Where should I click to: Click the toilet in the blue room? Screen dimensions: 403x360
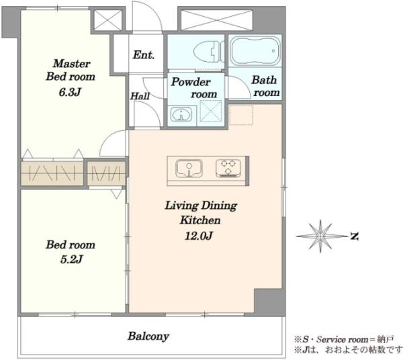(208, 52)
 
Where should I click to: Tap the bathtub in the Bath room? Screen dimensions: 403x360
(255, 51)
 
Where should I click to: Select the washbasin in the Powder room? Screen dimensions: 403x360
(181, 115)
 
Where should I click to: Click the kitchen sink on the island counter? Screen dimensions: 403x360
(189, 169)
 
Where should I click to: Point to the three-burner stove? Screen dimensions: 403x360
(228, 169)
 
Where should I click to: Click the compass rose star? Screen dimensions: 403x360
(320, 236)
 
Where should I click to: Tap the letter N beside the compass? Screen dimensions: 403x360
(355, 236)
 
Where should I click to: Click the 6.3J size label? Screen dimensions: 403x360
(70, 92)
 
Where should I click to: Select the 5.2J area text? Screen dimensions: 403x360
(71, 259)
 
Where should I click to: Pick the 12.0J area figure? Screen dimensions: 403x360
(199, 236)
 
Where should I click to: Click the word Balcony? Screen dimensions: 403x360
(148, 336)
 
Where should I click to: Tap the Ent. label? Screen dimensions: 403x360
(144, 54)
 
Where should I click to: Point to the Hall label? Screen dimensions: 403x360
(140, 96)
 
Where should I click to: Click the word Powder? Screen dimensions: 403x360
(191, 82)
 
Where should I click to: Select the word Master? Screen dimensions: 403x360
(71, 63)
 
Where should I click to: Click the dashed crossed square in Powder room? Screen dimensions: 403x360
(210, 111)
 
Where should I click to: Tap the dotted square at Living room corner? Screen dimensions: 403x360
(241, 115)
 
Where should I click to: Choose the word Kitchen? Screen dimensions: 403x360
(200, 220)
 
